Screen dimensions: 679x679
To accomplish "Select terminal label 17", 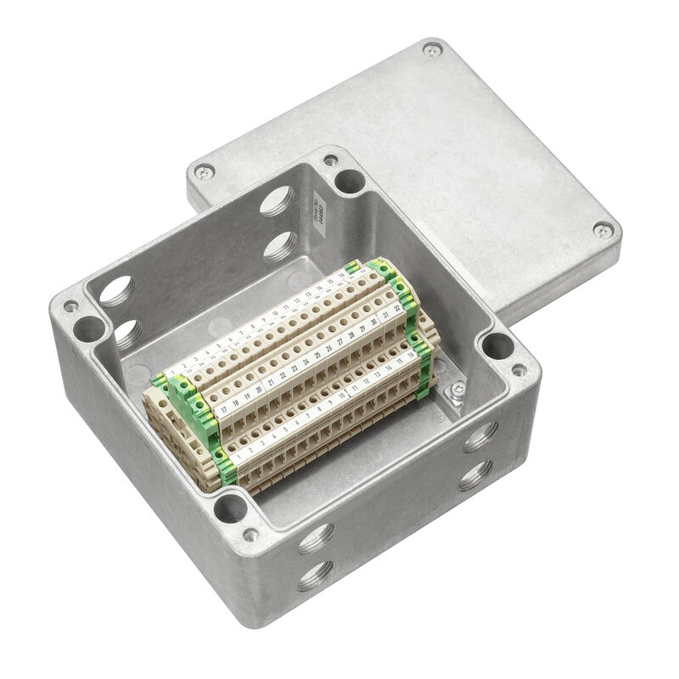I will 223,408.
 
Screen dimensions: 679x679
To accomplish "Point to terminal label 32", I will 396,307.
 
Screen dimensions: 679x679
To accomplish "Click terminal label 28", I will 351,334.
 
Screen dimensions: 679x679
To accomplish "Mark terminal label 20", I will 259,388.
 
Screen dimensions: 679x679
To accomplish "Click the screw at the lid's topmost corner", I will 432,50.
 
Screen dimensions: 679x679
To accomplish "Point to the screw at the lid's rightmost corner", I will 603,228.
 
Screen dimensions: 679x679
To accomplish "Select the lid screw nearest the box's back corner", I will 203,172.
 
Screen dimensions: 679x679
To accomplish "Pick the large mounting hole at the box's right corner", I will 497,346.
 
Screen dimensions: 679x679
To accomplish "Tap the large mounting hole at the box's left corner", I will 87,327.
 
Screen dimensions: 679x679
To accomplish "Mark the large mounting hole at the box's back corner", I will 349,180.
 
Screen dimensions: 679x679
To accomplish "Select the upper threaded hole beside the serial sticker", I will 277,202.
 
